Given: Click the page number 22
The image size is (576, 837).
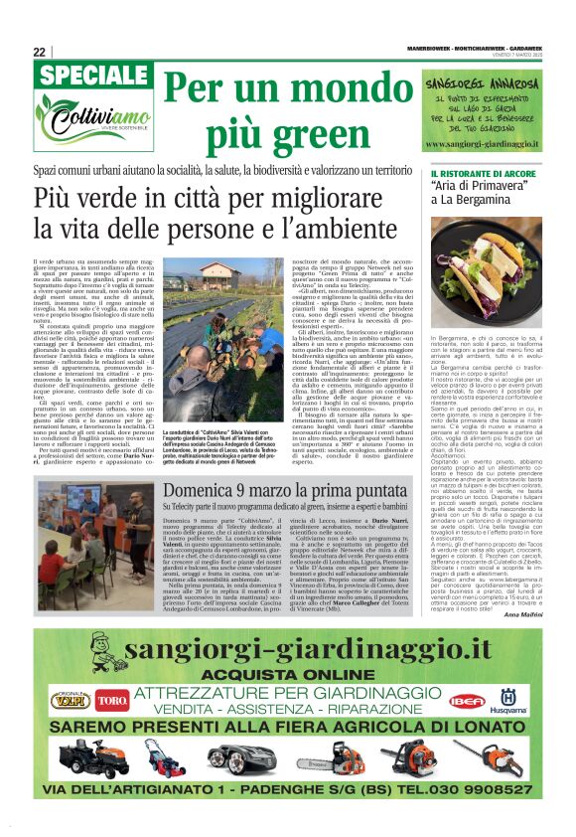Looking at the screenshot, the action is point(39,52).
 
